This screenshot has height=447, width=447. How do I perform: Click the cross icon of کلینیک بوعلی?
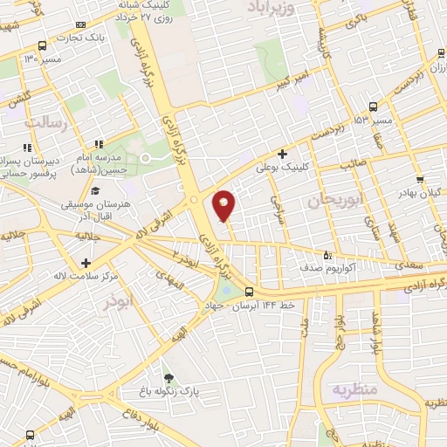pyautogui.click(x=283, y=154)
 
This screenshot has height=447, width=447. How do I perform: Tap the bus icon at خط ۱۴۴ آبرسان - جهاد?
pyautogui.click(x=250, y=292)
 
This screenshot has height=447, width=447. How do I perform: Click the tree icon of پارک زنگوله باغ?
pyautogui.click(x=168, y=378)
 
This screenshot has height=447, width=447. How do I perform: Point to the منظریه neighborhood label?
pyautogui.click(x=354, y=389)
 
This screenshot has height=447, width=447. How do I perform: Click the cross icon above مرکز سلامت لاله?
pyautogui.click(x=86, y=263)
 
